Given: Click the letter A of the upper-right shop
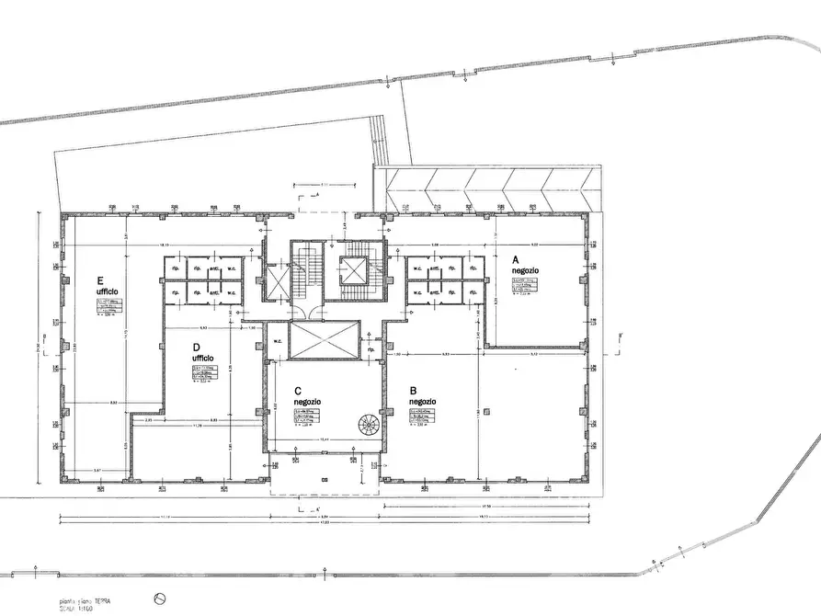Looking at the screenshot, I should [x=516, y=260].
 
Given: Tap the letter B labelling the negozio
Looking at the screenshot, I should [x=412, y=390].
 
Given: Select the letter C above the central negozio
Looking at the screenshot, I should [x=299, y=390].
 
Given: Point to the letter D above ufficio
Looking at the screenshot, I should [x=197, y=347].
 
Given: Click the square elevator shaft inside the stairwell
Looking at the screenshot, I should [x=352, y=271].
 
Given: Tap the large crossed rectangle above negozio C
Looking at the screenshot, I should [x=323, y=340].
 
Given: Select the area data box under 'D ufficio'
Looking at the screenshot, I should [x=203, y=373].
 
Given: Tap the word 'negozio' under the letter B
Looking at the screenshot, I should [x=423, y=402].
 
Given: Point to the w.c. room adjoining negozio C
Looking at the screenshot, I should [x=277, y=341].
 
